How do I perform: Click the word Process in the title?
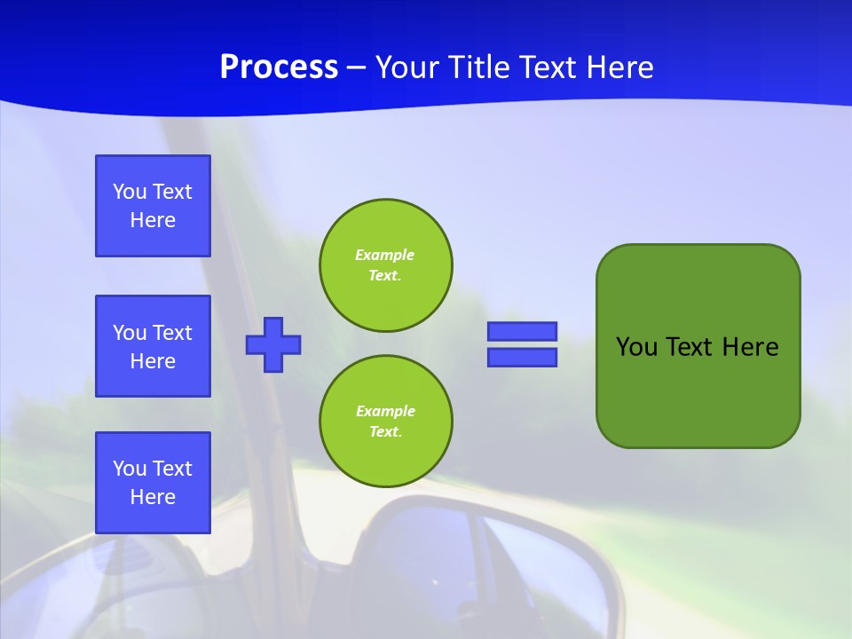click(279, 67)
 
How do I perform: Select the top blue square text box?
click(153, 206)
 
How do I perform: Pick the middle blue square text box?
click(153, 346)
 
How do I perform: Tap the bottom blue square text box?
click(153, 483)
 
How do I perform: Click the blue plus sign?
click(273, 344)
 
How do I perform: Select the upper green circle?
click(386, 264)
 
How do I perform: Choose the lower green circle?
click(386, 422)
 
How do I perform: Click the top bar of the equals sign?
click(523, 331)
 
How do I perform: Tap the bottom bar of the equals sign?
click(523, 357)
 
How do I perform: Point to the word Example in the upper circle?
click(385, 255)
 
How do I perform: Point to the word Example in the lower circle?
click(385, 411)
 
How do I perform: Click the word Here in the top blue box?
click(153, 220)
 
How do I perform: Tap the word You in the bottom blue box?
click(130, 469)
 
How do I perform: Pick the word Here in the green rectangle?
click(750, 347)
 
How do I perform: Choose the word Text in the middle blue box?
click(171, 333)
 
